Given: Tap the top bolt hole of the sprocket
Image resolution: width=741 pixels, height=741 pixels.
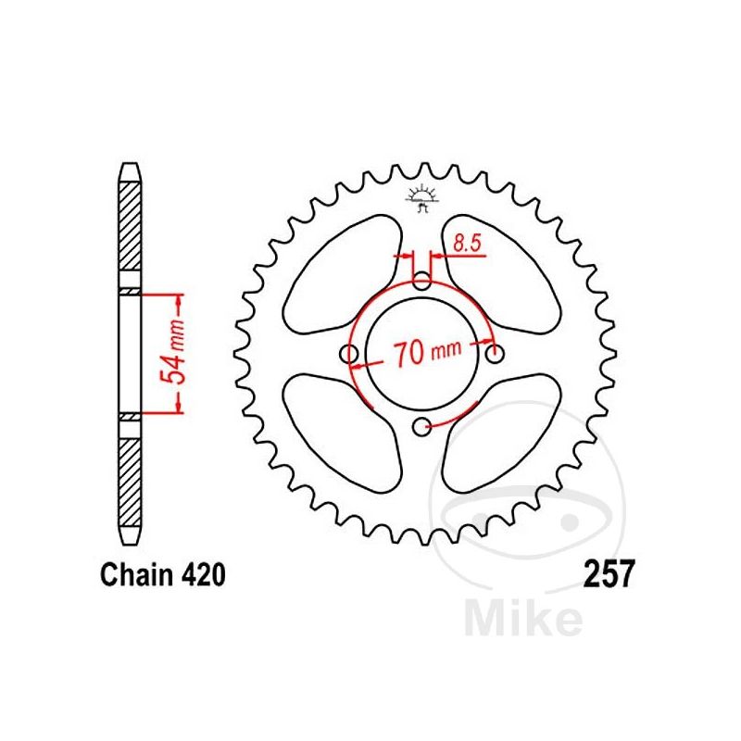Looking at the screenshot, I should click(x=422, y=280).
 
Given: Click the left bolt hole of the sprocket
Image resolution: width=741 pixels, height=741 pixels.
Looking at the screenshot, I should click(x=350, y=355).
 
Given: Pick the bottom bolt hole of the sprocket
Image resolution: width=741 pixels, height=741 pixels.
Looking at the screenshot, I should click(x=422, y=426).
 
